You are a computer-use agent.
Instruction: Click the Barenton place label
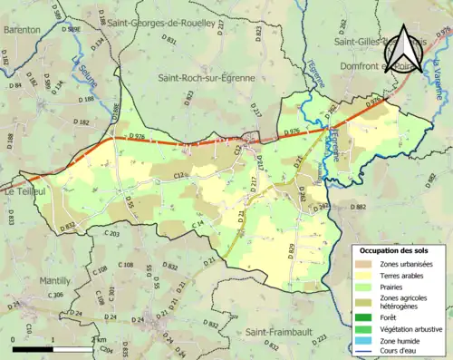tap(22, 29)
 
